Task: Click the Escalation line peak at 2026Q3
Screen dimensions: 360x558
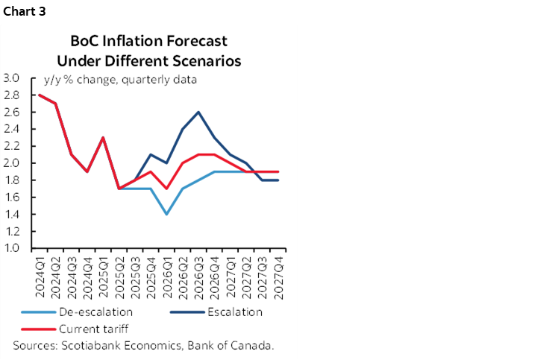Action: [198, 112]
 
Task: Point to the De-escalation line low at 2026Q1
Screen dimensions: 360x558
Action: [166, 215]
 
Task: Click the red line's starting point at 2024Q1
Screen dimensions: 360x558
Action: [39, 95]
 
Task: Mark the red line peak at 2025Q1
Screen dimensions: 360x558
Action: [102, 137]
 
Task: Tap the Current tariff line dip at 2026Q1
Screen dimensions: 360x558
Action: [166, 189]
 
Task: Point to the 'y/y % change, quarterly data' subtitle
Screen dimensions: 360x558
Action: [120, 80]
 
